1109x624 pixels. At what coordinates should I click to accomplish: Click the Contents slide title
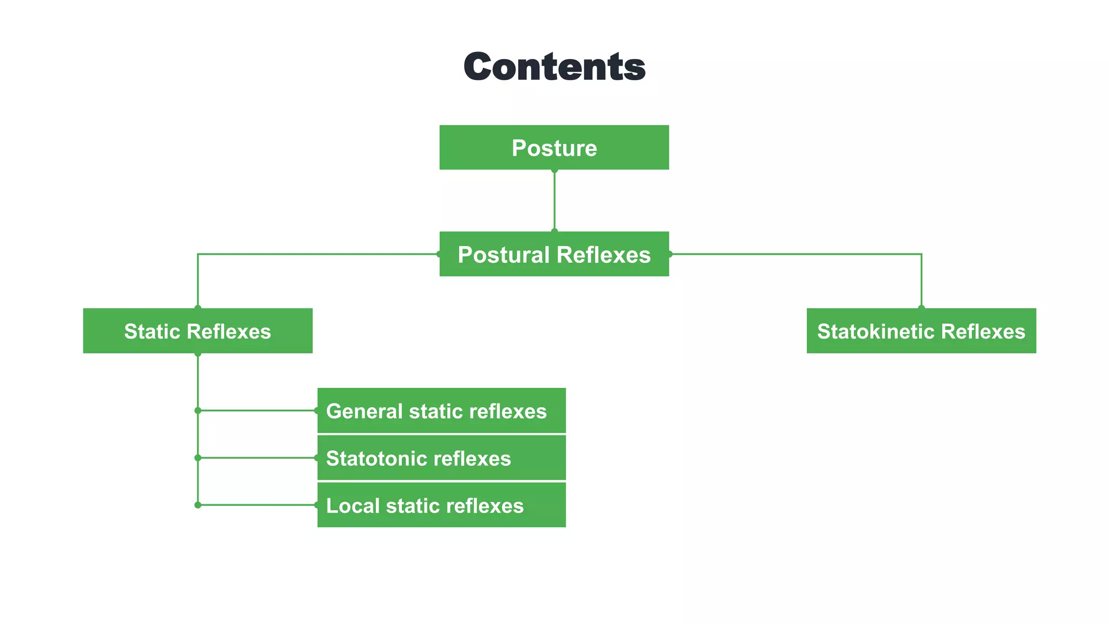[554, 67]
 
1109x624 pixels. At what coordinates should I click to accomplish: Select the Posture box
[554, 148]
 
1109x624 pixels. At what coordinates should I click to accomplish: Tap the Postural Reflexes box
[554, 255]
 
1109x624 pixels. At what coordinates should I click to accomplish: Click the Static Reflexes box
[198, 331]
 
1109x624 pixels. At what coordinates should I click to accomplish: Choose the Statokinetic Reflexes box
[921, 331]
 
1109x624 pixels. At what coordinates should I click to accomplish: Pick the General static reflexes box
[441, 411]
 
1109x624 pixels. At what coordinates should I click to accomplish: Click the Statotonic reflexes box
[441, 458]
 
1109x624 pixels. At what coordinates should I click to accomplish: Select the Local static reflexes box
[441, 505]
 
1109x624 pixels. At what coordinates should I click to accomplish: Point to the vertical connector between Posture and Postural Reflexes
[554, 200]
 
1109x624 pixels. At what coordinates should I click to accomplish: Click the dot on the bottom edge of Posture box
[554, 170]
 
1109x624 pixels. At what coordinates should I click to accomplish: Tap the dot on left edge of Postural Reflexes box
[439, 254]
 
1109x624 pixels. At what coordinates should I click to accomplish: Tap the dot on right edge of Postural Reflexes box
[670, 254]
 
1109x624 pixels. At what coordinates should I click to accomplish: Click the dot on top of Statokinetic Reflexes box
[922, 308]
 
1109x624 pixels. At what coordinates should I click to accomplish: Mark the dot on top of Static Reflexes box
[198, 308]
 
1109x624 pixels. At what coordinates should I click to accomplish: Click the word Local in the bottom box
[353, 505]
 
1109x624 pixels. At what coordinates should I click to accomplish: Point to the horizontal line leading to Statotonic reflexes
[257, 458]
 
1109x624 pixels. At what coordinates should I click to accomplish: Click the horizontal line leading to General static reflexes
[257, 411]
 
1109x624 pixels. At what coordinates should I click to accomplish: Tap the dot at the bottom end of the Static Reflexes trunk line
[198, 505]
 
